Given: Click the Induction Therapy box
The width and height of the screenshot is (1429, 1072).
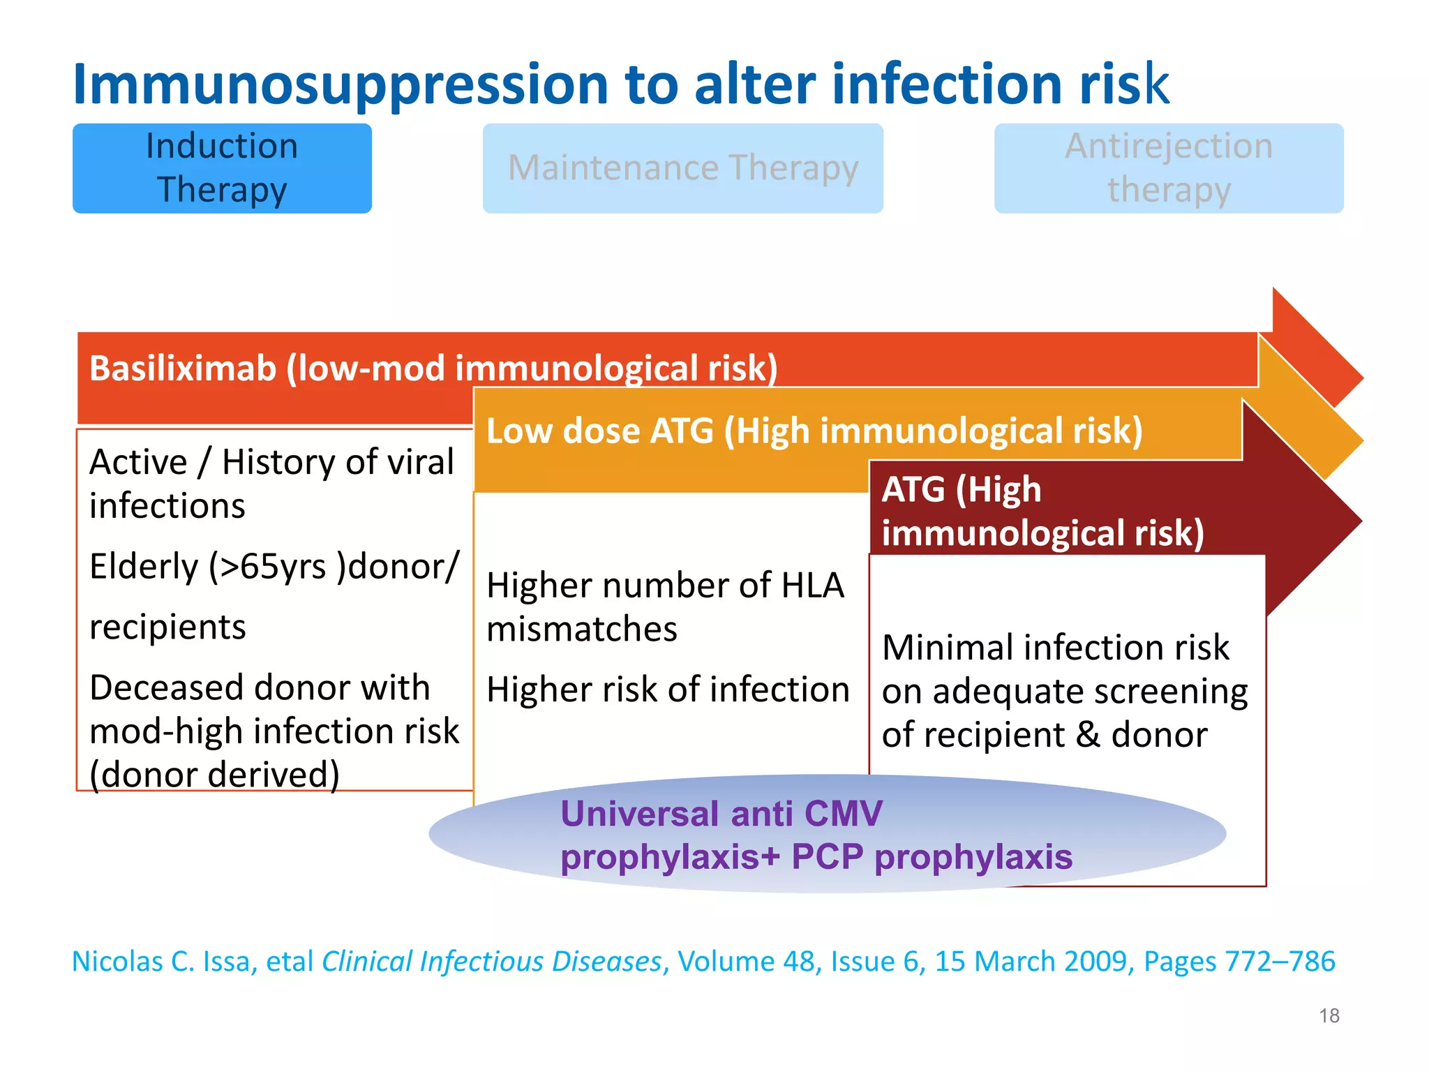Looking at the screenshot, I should click(x=222, y=168).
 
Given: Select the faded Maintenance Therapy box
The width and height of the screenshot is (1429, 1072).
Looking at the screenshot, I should click(x=682, y=168).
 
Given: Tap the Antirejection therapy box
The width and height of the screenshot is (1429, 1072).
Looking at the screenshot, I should click(x=1169, y=168).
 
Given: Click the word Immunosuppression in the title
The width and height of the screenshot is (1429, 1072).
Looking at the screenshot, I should click(x=341, y=84).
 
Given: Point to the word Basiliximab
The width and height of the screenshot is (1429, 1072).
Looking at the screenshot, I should click(x=183, y=368).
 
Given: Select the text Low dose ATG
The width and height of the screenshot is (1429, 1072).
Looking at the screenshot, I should click(x=599, y=431).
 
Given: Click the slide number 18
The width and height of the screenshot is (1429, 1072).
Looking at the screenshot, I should click(x=1329, y=1015).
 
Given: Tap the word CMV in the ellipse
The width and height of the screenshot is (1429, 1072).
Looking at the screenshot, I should click(x=843, y=814).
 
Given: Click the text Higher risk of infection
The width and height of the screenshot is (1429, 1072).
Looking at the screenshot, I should click(x=668, y=690).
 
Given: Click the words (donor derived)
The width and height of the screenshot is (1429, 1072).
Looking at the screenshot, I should click(x=215, y=775).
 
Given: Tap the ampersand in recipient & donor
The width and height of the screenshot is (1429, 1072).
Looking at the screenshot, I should click(x=1088, y=735).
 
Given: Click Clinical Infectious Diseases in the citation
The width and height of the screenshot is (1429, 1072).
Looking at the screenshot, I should click(x=491, y=962).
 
